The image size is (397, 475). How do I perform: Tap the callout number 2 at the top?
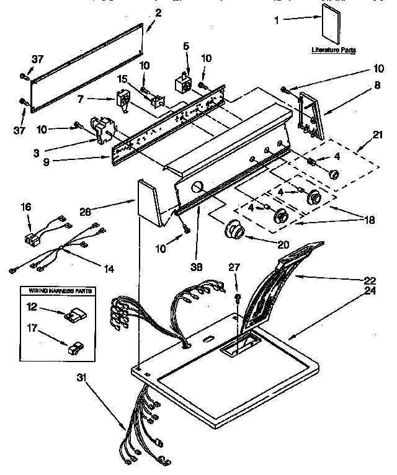click(158, 12)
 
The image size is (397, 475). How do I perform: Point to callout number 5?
click(185, 47)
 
